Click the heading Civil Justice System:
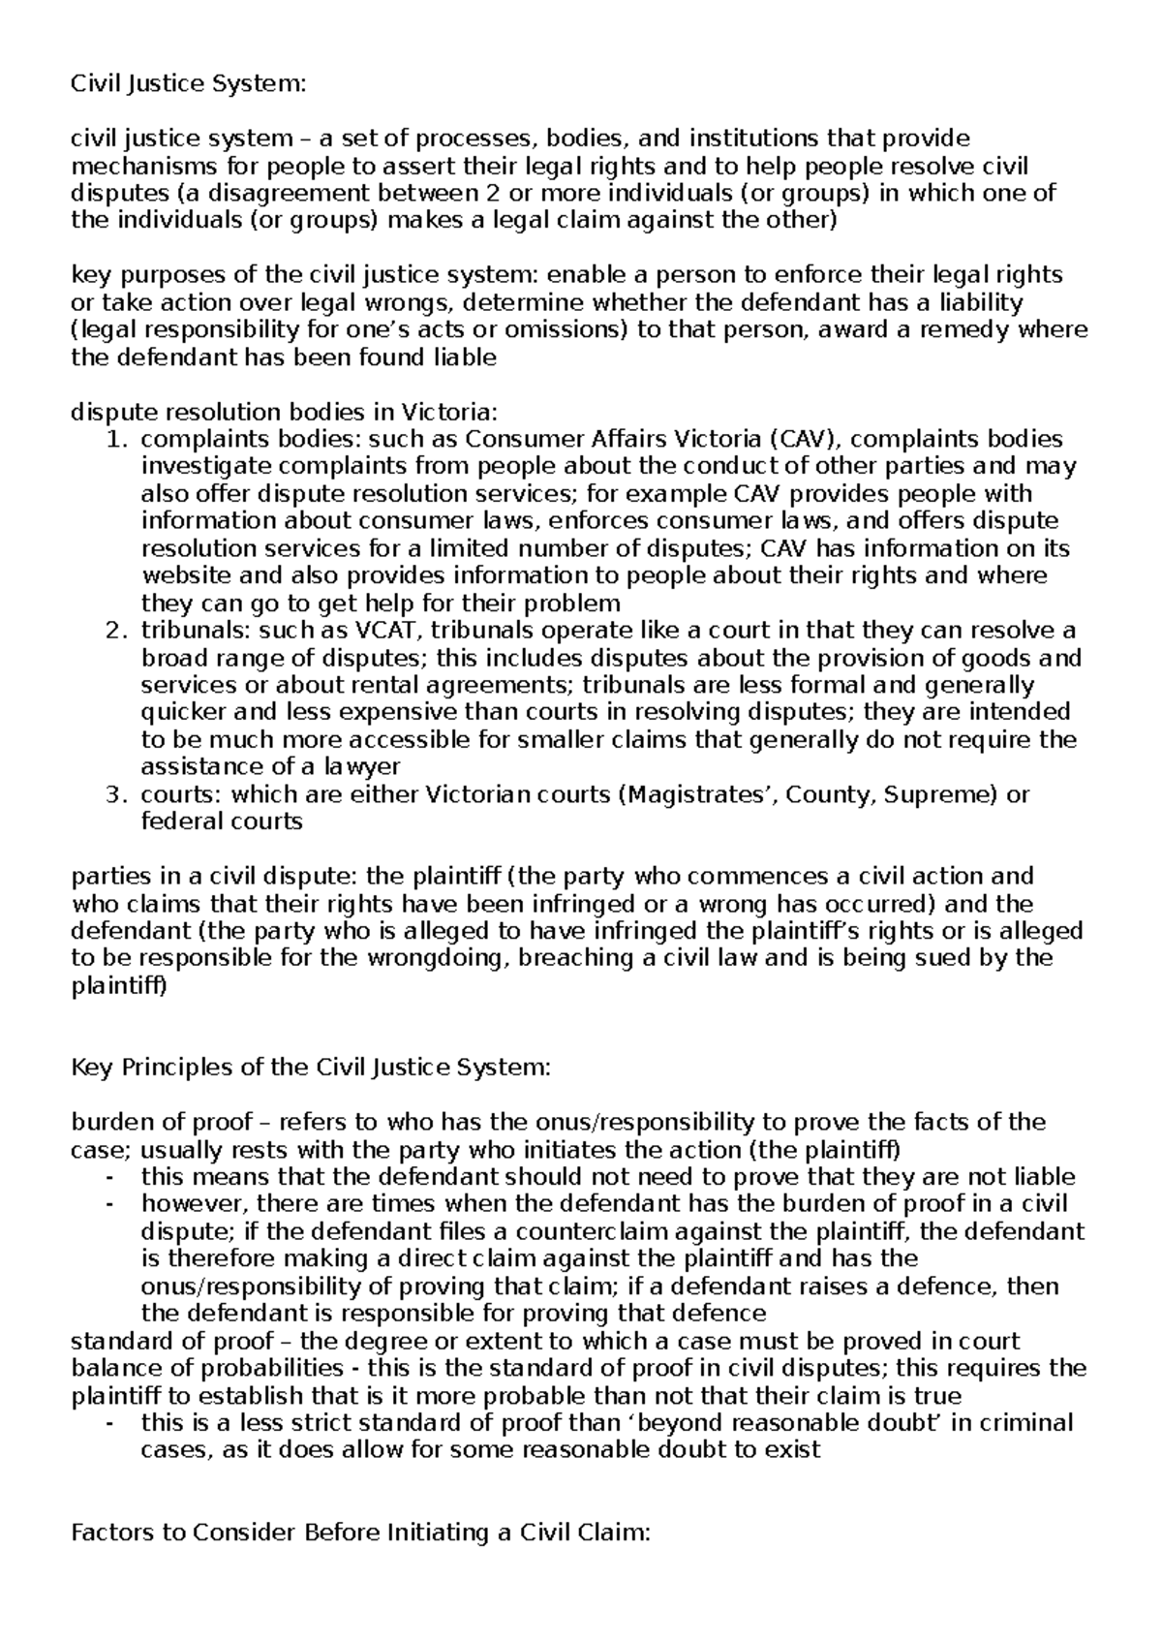pyautogui.click(x=188, y=84)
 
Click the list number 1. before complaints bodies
pyautogui.click(x=115, y=439)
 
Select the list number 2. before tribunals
pyautogui.click(x=115, y=631)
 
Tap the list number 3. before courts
pyautogui.click(x=115, y=795)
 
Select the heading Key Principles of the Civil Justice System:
pyautogui.click(x=311, y=1068)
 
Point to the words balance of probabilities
pyautogui.click(x=207, y=1369)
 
